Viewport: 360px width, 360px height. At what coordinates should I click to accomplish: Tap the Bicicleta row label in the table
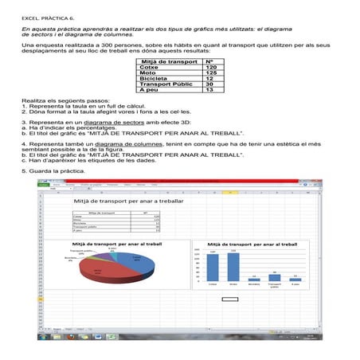point(154,79)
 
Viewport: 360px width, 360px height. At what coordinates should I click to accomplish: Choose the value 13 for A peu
point(209,90)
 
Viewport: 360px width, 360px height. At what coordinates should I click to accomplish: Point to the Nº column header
point(209,61)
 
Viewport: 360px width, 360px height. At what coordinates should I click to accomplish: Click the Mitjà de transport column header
point(168,61)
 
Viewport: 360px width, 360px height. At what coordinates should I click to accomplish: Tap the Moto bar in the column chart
point(233,266)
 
